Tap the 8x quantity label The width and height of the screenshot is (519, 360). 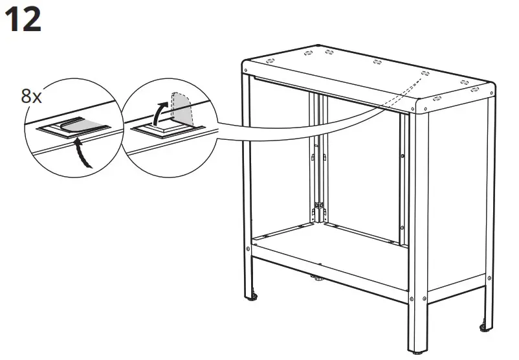[32, 98]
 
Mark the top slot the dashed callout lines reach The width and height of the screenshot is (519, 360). [425, 73]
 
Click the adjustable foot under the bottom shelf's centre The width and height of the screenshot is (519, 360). [318, 279]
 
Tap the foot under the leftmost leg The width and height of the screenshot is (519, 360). [253, 298]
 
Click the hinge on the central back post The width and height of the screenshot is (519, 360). [318, 208]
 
